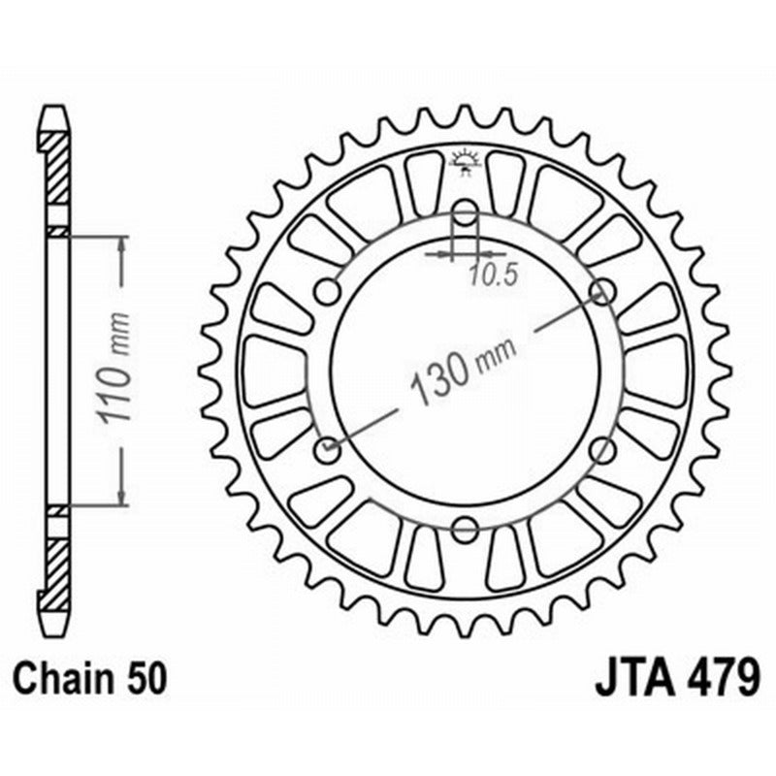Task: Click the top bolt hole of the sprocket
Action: click(x=466, y=213)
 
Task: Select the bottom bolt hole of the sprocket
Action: click(x=466, y=530)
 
